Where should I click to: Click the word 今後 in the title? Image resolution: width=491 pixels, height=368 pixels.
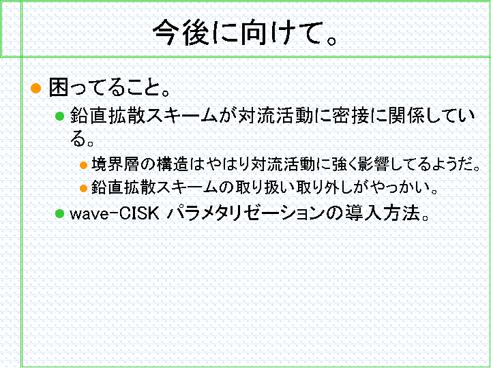coord(181,33)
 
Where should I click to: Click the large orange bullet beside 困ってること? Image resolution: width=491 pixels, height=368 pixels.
coord(36,88)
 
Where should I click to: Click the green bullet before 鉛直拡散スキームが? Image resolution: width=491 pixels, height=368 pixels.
coord(59,116)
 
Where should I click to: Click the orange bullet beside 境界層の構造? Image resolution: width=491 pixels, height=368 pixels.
coord(83,165)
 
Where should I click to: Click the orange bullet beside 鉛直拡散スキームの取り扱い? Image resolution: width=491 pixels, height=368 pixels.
coord(83,188)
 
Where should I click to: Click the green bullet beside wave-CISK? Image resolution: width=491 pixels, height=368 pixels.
coord(59,214)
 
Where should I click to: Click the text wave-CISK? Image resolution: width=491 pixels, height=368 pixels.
coord(115,213)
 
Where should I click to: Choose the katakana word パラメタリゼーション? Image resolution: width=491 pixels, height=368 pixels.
coord(245,213)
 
